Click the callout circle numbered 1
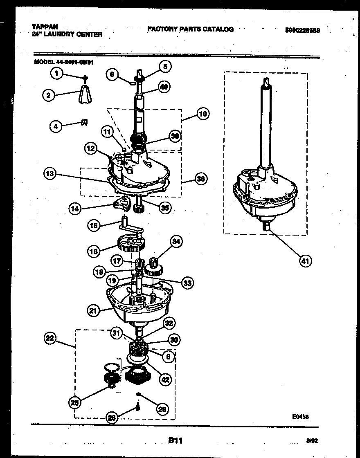[x=57, y=74]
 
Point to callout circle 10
[x=203, y=114]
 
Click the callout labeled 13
[x=50, y=173]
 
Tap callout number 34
[x=176, y=242]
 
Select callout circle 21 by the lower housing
[x=93, y=311]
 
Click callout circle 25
[x=75, y=402]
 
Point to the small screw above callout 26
[x=138, y=406]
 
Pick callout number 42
[x=165, y=379]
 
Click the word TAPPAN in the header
[x=45, y=27]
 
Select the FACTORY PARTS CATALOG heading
[x=190, y=29]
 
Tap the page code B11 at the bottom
[x=175, y=440]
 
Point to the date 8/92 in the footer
[x=312, y=441]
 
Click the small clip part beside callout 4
[x=83, y=122]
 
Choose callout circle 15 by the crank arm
[x=94, y=225]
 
